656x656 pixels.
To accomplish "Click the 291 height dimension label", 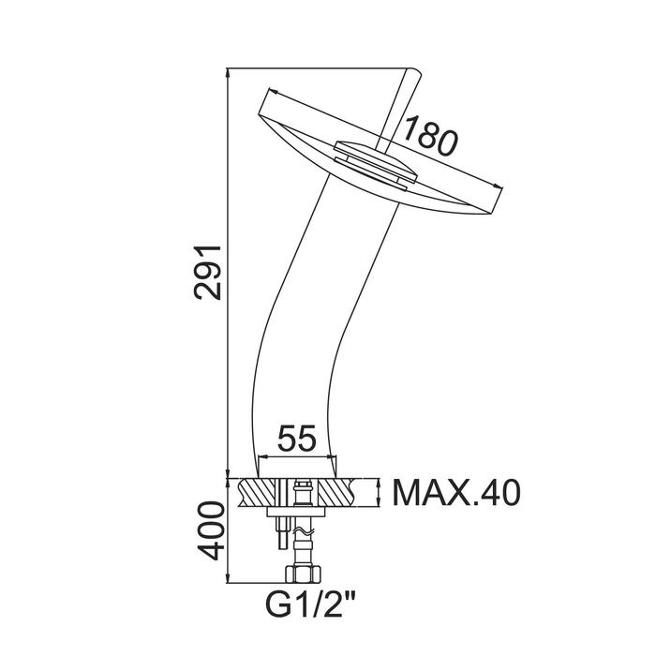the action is pos(208,273).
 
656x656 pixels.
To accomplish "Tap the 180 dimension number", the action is pos(429,136).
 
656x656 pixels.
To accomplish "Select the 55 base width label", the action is pos(297,439).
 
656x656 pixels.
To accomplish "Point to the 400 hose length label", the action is pos(212,531).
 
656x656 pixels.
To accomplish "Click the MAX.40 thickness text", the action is pos(456,493).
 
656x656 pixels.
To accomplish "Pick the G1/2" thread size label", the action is pos(310,604).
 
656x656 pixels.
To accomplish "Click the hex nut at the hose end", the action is pos(303,574).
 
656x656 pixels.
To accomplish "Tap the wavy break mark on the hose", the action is pos(303,532).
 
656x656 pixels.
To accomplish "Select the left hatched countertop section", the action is pos(257,493).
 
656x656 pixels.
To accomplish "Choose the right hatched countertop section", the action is pos(338,493).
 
